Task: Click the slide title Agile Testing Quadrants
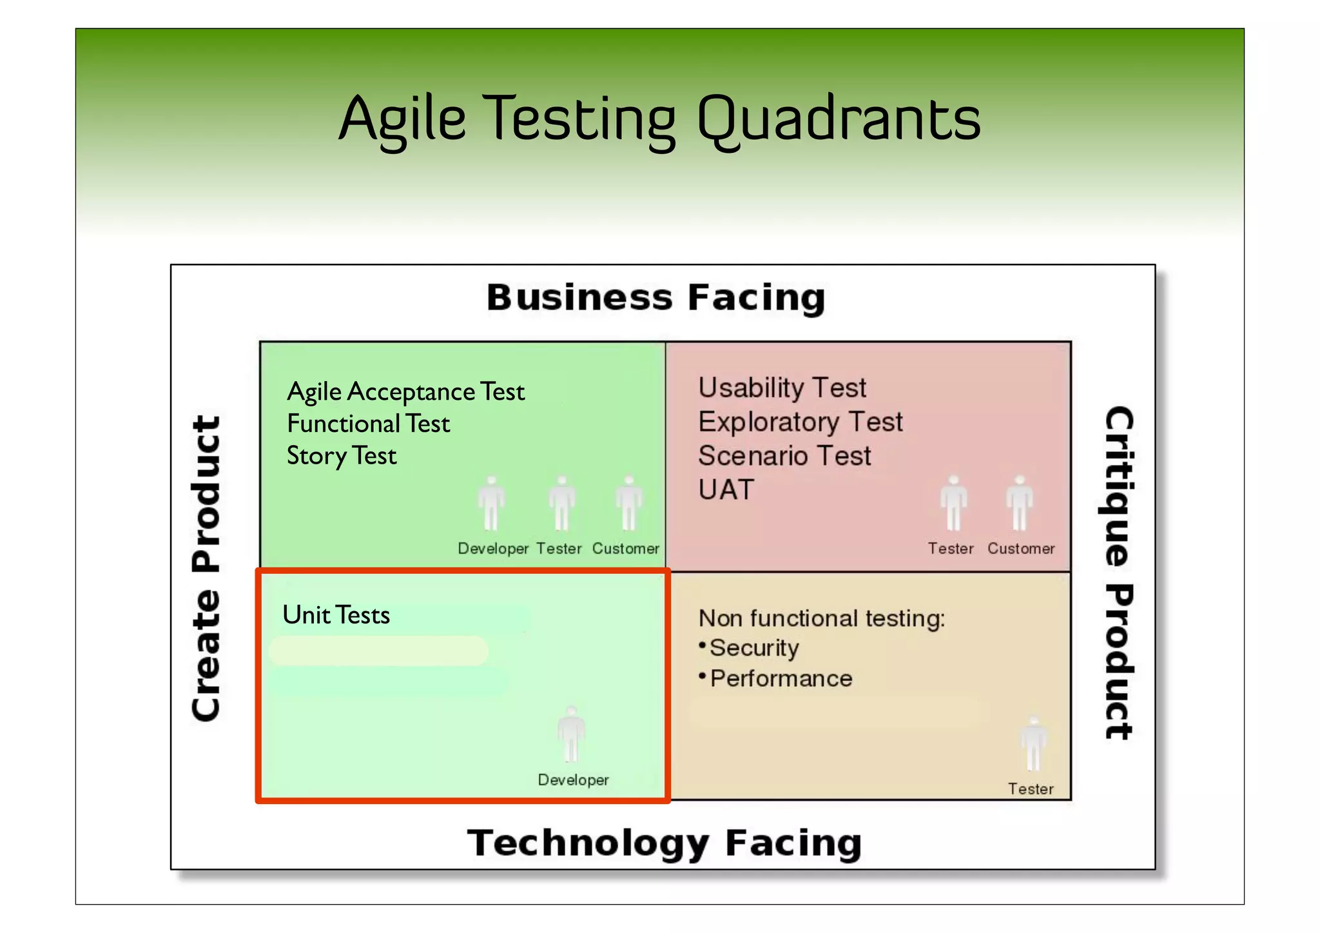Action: [x=659, y=119]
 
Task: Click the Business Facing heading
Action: [x=655, y=298]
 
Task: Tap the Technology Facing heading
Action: [x=664, y=843]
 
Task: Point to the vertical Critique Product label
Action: [x=1118, y=573]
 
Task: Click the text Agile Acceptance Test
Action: [x=405, y=392]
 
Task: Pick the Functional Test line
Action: [x=368, y=424]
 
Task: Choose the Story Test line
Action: [x=342, y=456]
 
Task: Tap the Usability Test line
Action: [x=782, y=388]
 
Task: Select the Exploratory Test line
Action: [x=800, y=422]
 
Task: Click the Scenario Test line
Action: [x=784, y=456]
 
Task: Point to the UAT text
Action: [x=726, y=490]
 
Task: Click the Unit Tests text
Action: [x=336, y=615]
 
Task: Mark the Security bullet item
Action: [x=753, y=648]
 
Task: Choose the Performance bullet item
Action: [x=781, y=679]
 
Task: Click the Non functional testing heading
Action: [x=822, y=618]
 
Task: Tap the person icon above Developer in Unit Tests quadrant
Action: [x=571, y=734]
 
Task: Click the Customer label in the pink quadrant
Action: [x=1021, y=549]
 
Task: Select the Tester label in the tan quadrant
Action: [x=1031, y=789]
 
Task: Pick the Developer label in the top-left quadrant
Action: [x=493, y=549]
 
